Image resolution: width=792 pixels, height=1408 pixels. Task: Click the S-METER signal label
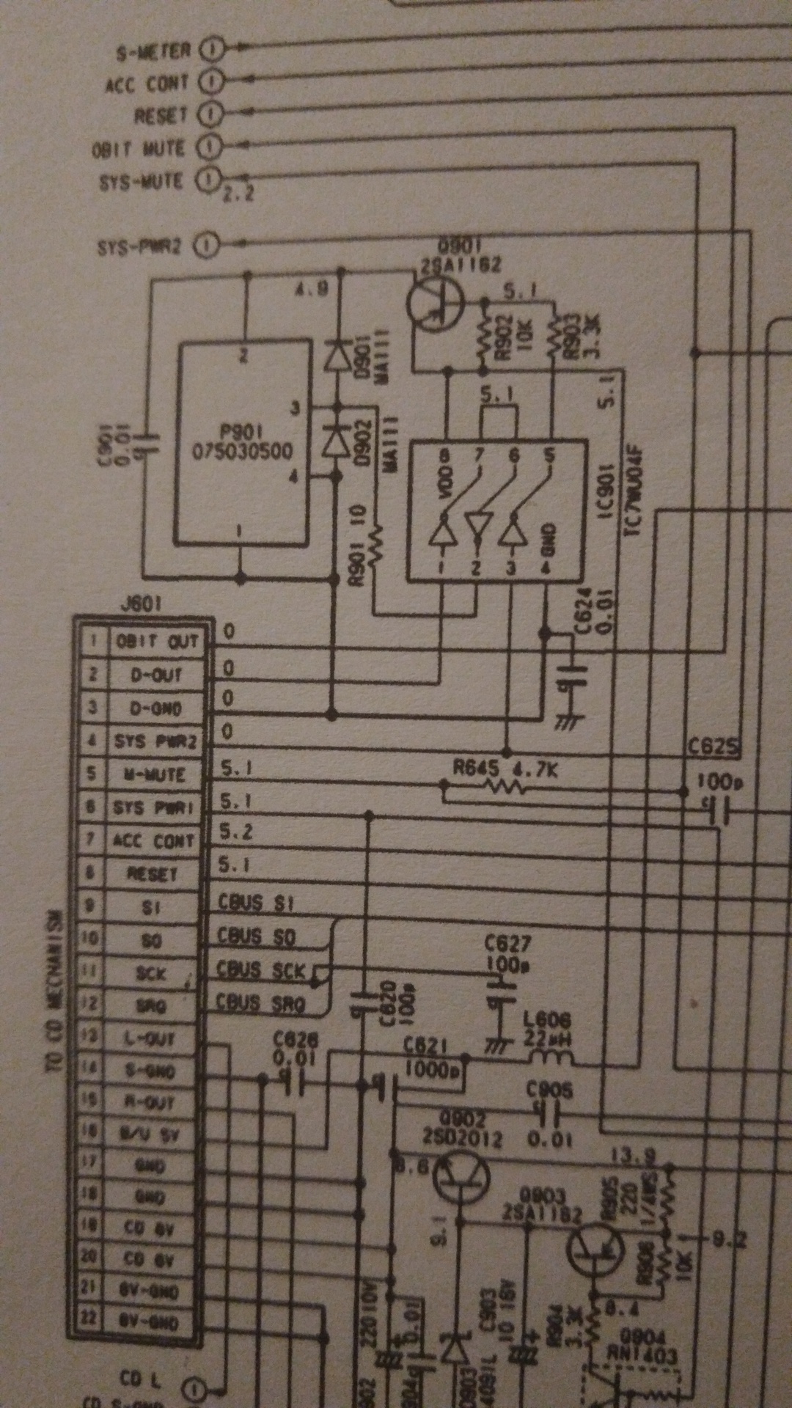pyautogui.click(x=153, y=51)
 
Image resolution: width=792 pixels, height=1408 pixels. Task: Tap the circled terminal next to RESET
pyautogui.click(x=212, y=114)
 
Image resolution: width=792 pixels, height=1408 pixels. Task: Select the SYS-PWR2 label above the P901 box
pyautogui.click(x=139, y=246)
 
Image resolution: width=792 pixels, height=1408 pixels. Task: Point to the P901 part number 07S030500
pyautogui.click(x=242, y=450)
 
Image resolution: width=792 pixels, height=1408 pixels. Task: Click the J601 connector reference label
pyautogui.click(x=141, y=604)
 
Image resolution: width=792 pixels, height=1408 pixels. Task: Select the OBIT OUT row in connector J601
pyautogui.click(x=155, y=642)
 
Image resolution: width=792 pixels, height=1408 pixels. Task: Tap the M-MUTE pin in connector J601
pyautogui.click(x=154, y=774)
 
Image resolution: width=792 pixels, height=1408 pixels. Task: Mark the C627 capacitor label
pyautogui.click(x=507, y=944)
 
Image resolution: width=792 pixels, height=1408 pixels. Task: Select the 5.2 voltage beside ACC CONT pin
pyautogui.click(x=236, y=832)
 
